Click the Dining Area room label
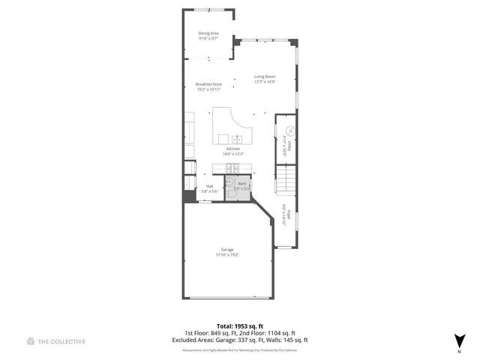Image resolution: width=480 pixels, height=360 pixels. click(x=208, y=33)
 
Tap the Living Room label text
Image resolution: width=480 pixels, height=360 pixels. click(x=265, y=76)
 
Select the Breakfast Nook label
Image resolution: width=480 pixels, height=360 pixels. click(x=208, y=84)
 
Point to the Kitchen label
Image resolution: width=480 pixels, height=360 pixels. click(x=233, y=148)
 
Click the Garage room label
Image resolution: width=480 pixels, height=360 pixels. click(x=226, y=249)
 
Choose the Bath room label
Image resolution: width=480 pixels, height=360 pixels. click(x=242, y=184)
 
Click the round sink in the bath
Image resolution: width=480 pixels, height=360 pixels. click(x=232, y=181)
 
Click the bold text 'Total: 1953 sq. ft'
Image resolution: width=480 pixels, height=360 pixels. click(x=240, y=327)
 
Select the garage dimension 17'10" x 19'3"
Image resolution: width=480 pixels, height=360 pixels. click(x=226, y=254)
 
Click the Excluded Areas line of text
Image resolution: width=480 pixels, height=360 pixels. click(x=240, y=340)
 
